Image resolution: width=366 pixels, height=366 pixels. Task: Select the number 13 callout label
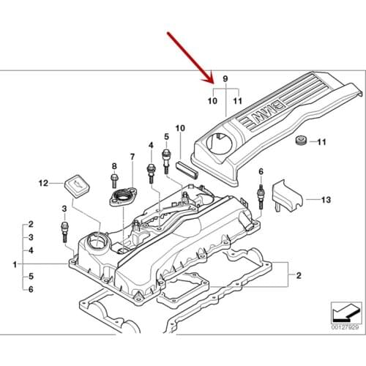(326, 199)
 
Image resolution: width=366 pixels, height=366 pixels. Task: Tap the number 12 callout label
(42, 183)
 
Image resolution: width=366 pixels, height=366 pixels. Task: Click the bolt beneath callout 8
(115, 182)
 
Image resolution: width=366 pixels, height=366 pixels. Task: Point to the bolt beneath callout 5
(166, 155)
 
